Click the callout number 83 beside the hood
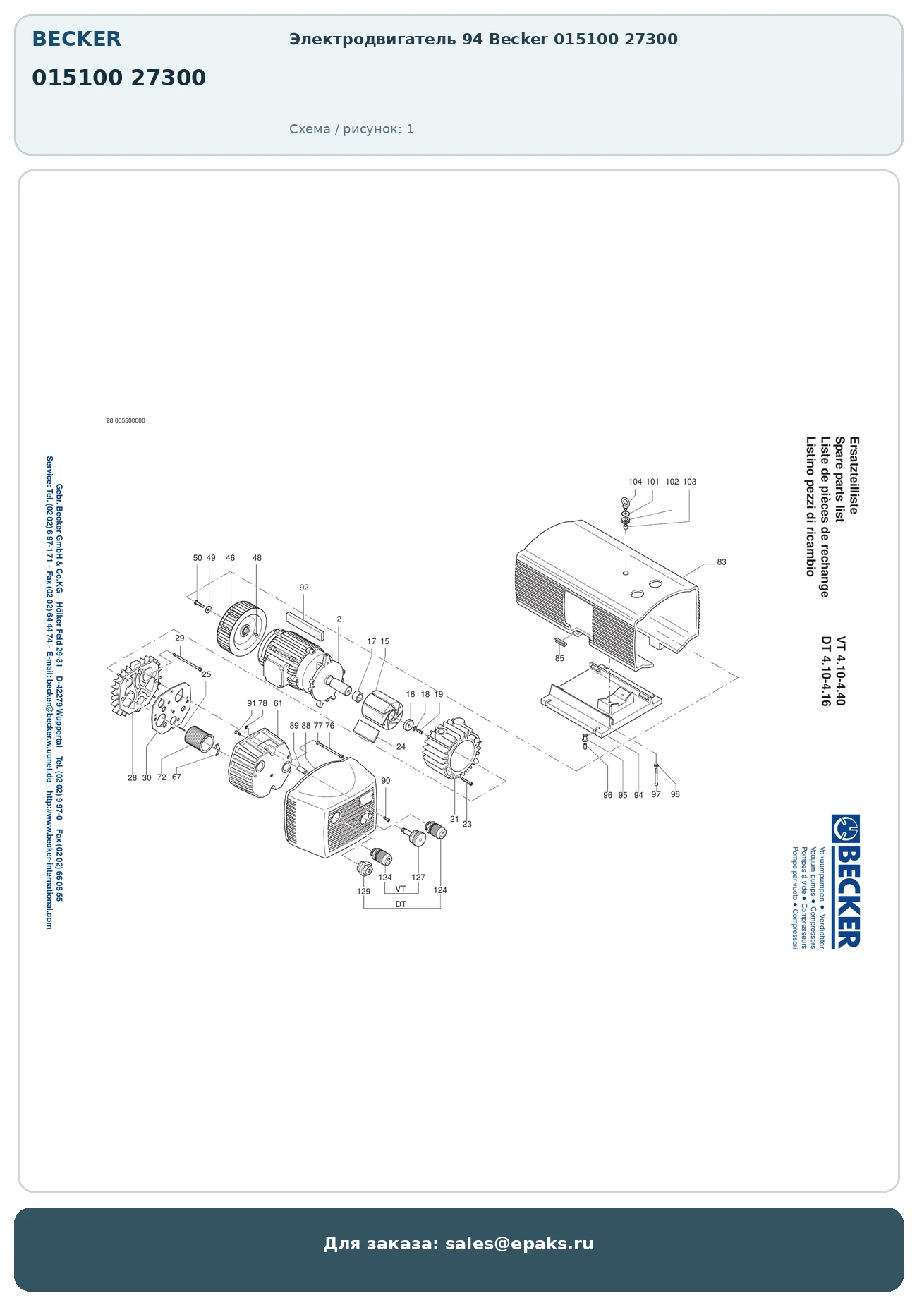[721, 562]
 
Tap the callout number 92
[304, 588]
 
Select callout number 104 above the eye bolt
[635, 482]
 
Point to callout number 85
[559, 658]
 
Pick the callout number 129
[363, 891]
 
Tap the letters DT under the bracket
[401, 904]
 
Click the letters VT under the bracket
[401, 889]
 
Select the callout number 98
[675, 794]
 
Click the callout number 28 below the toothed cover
[132, 778]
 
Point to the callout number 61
[278, 703]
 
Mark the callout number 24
[401, 746]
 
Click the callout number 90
[385, 781]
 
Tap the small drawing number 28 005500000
[126, 420]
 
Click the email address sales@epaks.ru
[519, 1244]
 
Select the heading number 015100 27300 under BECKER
[119, 77]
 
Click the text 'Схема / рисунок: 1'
[351, 129]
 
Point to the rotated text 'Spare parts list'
[839, 480]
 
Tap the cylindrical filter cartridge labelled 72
[198, 739]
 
